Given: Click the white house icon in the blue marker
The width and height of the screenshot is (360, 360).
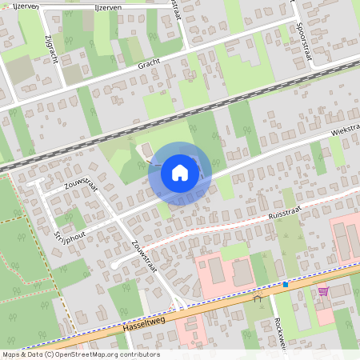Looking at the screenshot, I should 180,173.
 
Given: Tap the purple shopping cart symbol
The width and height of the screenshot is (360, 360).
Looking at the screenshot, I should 323,291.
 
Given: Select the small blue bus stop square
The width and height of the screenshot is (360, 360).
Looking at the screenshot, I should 285,284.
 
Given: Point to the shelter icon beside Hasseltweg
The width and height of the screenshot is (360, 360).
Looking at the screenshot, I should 258,297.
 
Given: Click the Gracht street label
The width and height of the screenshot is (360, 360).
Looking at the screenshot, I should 150,66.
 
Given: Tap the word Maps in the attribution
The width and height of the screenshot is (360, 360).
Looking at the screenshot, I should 12,354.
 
